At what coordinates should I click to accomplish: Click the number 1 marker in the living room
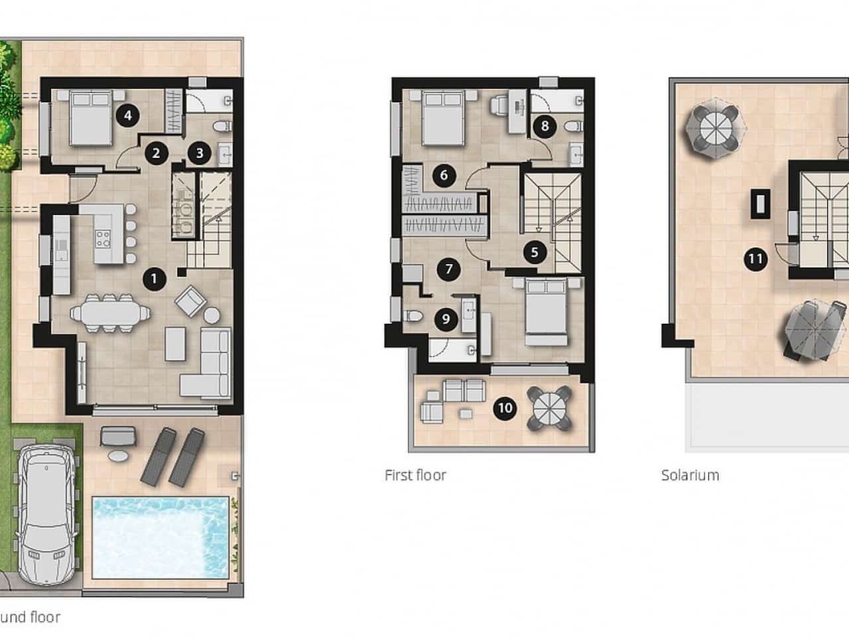point(154,279)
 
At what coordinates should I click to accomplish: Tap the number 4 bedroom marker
point(127,116)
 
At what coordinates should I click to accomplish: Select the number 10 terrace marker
point(505,407)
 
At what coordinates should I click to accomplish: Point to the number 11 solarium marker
point(755,259)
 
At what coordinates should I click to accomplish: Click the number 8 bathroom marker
point(545,126)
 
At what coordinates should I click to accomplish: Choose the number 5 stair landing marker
point(534,252)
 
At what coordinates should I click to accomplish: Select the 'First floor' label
point(415,475)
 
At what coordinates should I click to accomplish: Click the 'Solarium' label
point(690,475)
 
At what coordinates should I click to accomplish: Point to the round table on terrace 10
point(548,407)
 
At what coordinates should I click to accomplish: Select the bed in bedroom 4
point(90,117)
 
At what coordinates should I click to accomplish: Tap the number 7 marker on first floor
point(449,269)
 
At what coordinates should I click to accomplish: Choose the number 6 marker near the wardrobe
point(443,176)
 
